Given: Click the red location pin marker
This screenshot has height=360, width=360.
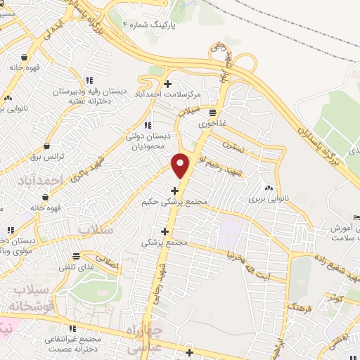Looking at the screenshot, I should pos(181,165).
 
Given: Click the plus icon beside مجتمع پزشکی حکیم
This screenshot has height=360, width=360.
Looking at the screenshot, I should pos(174,190).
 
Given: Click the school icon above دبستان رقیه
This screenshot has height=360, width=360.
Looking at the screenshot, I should pos(89,81).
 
